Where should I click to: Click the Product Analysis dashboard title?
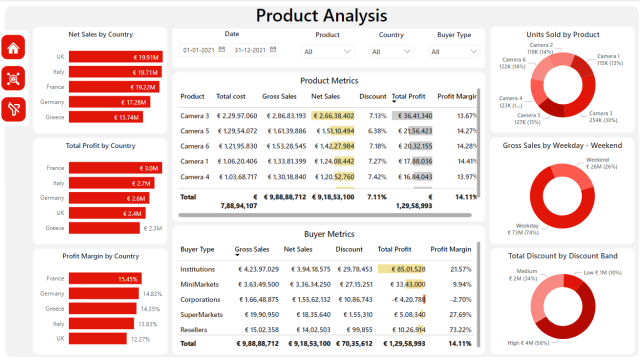pos(320,15)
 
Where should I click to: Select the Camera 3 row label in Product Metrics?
pos(194,115)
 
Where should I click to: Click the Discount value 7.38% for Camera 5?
pos(377,130)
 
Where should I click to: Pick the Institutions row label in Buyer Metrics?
pos(200,268)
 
